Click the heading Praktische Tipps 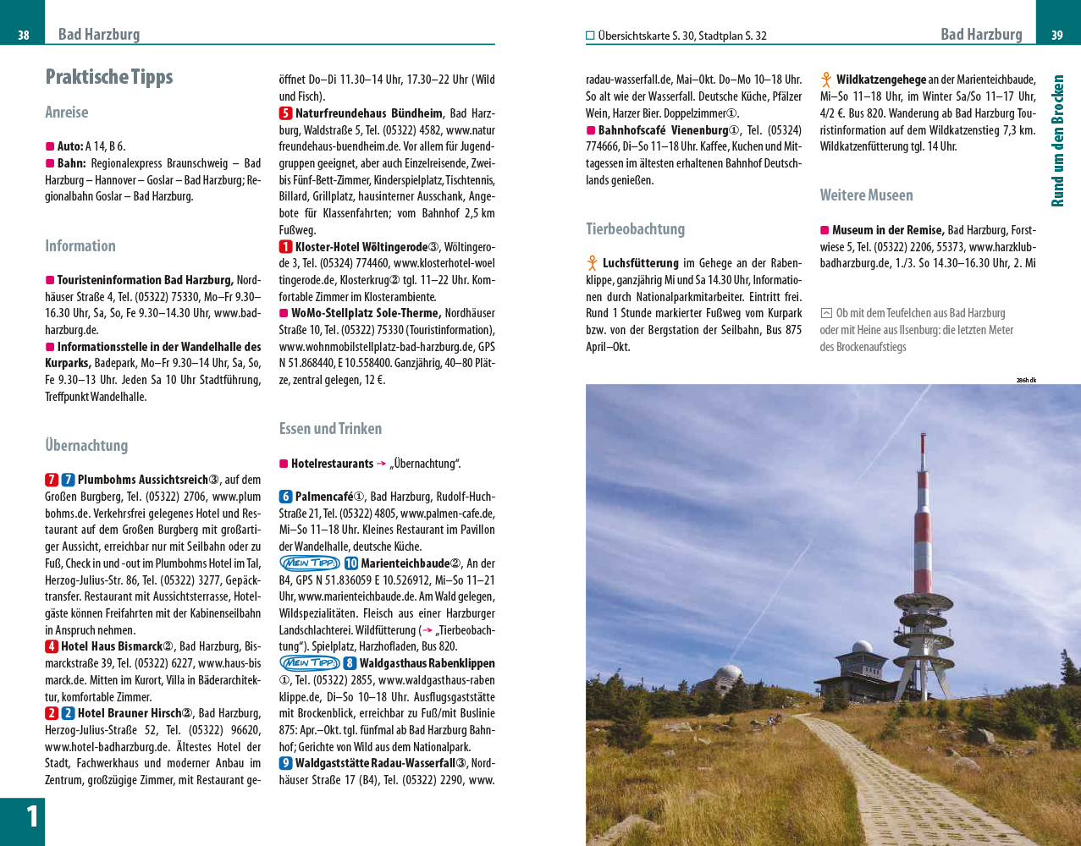108,77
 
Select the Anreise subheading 67,113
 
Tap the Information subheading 80,246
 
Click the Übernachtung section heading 86,446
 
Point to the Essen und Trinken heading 330,429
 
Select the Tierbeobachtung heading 635,229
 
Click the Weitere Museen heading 866,195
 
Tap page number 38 24,35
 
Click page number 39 1056,35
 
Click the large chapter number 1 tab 30,816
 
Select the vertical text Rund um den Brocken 1057,140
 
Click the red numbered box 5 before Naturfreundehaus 286,113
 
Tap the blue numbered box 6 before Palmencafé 286,497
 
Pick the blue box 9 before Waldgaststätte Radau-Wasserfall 286,763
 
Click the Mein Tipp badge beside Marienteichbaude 310,563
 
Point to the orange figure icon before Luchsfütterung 593,263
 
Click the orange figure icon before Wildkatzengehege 826,80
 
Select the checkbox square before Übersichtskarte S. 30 590,36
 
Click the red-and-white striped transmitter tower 921,541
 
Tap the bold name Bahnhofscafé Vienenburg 663,130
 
